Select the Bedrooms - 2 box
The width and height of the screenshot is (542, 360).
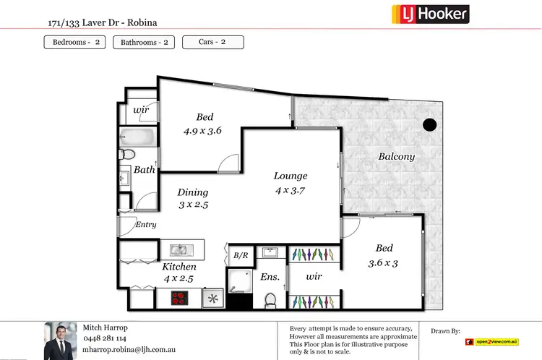(x=75, y=42)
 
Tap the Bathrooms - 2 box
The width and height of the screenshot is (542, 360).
(x=144, y=42)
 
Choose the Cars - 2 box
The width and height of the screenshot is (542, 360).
(x=212, y=42)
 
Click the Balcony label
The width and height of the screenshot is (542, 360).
(x=397, y=157)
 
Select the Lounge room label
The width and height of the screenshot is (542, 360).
(x=291, y=176)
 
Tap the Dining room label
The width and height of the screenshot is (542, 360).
(x=193, y=192)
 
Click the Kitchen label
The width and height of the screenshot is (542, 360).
(x=179, y=267)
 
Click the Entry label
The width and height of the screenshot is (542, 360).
(x=146, y=225)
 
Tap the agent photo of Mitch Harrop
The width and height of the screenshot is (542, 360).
(x=61, y=340)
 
